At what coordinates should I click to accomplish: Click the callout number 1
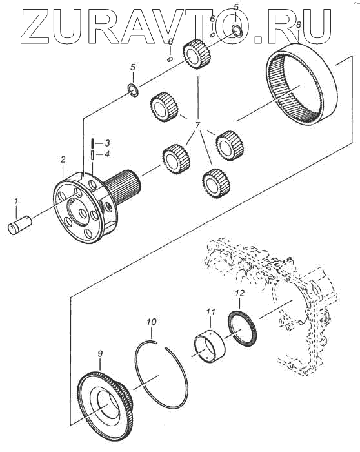tap(16, 201)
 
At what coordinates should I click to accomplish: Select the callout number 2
tap(63, 160)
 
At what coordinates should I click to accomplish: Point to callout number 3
tap(106, 143)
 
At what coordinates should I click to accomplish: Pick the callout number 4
tap(107, 154)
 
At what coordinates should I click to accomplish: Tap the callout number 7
tap(197, 127)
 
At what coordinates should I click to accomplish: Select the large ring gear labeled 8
tap(301, 83)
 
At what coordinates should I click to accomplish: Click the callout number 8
tap(298, 25)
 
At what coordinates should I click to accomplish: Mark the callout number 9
tap(100, 354)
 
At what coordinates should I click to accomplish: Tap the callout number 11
tap(210, 312)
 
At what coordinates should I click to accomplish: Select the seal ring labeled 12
tap(244, 328)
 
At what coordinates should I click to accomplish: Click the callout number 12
tap(239, 293)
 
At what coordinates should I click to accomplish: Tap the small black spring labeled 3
tap(92, 143)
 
